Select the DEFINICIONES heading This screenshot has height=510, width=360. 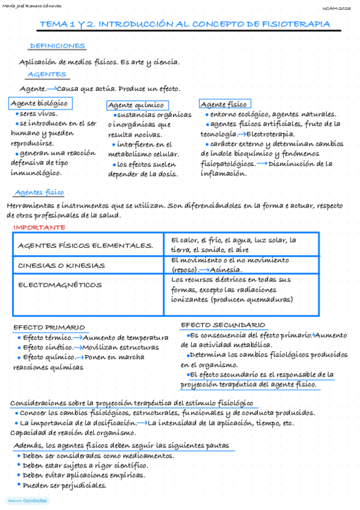coord(57,46)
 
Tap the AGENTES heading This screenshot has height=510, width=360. coord(46,75)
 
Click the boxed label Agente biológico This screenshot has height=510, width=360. coord(39,103)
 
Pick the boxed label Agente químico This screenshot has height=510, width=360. coord(136,105)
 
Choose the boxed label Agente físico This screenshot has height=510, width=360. coord(224,104)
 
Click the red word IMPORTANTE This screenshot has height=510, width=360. coord(39,227)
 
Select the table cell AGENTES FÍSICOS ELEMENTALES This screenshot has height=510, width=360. coord(85,245)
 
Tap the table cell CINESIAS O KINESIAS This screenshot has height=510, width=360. coord(61,265)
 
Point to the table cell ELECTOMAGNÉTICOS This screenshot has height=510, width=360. coord(60,284)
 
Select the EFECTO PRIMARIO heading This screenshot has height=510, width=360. coord(49,327)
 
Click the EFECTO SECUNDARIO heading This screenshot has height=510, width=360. coord(223,325)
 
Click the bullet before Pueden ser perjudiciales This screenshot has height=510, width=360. coord(19,485)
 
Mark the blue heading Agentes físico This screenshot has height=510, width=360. coord(38,192)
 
